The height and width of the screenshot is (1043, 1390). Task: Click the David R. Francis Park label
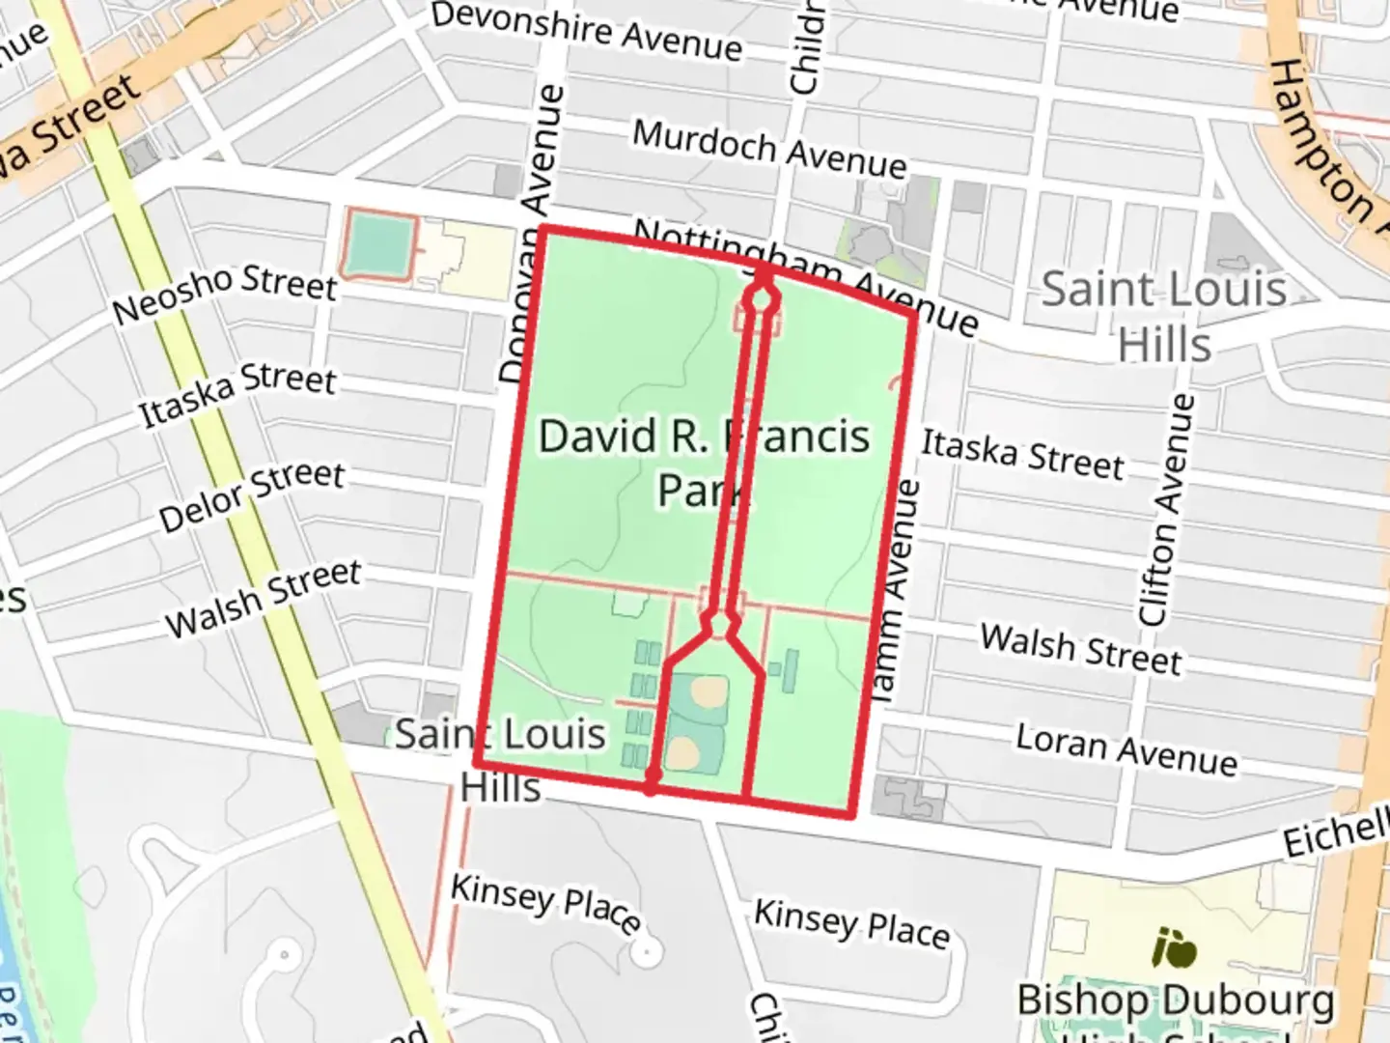703,462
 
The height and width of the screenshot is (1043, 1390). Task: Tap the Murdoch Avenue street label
769,150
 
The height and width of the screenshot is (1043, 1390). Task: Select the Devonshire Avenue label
587,31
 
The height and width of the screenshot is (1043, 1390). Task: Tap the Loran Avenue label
1126,749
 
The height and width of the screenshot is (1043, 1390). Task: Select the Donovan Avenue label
533,232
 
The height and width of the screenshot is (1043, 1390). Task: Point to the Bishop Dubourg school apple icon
1175,948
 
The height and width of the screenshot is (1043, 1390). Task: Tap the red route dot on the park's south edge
652,777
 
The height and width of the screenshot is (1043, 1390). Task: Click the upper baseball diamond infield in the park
709,691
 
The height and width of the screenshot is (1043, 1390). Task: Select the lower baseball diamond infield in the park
684,752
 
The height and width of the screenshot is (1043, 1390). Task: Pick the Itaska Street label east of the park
1022,455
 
